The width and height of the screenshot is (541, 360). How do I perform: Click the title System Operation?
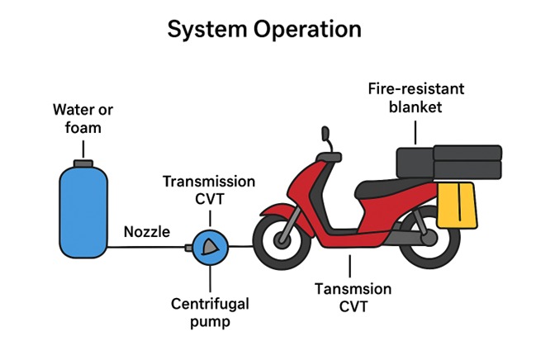pyautogui.click(x=264, y=30)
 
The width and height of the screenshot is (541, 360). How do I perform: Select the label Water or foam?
pyautogui.click(x=83, y=119)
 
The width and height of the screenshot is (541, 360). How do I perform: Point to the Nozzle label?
pyautogui.click(x=146, y=232)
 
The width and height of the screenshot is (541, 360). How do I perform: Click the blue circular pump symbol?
pyautogui.click(x=210, y=246)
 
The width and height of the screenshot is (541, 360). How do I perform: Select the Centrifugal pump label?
pyautogui.click(x=209, y=313)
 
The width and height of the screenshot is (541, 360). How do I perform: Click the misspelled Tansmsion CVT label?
pyautogui.click(x=350, y=298)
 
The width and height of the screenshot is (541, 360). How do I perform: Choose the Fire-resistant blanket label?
pyautogui.click(x=417, y=98)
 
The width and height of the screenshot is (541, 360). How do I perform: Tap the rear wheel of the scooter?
pyautogui.click(x=429, y=245)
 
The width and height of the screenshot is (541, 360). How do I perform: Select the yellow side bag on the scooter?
pyautogui.click(x=458, y=206)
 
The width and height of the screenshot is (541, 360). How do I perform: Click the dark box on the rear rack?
pyautogui.click(x=448, y=162)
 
